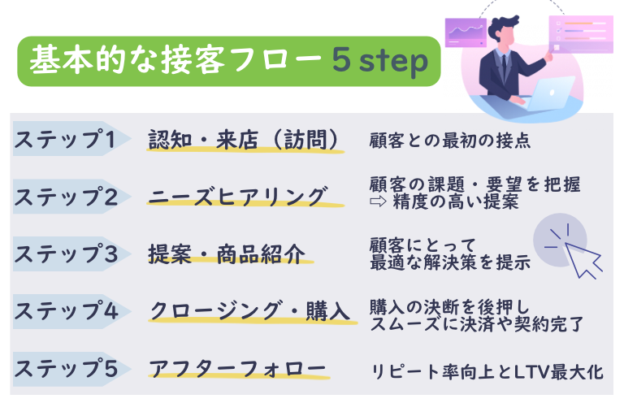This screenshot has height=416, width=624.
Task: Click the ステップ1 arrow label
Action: (x=69, y=139)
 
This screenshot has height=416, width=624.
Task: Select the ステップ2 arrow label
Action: (x=69, y=197)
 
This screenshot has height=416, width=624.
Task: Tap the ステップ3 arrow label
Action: (x=69, y=253)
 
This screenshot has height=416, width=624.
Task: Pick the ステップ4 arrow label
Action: (x=69, y=310)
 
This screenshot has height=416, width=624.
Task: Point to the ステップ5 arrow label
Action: (x=69, y=368)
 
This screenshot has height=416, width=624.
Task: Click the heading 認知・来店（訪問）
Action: (x=243, y=140)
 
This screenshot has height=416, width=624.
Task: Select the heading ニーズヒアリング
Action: (x=237, y=197)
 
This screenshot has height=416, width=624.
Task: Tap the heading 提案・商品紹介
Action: (x=227, y=253)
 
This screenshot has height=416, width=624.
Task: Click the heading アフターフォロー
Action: (x=236, y=368)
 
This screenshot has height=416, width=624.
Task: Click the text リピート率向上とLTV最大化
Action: (x=486, y=372)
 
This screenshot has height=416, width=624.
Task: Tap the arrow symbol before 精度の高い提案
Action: (x=376, y=202)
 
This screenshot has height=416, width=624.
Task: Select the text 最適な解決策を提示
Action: (x=449, y=262)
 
